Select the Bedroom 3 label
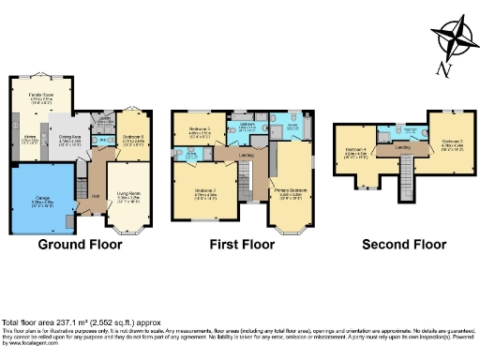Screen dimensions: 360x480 tap(453, 142)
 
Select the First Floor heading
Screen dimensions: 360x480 tap(239, 245)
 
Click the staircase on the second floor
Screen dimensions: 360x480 tap(408, 170)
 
